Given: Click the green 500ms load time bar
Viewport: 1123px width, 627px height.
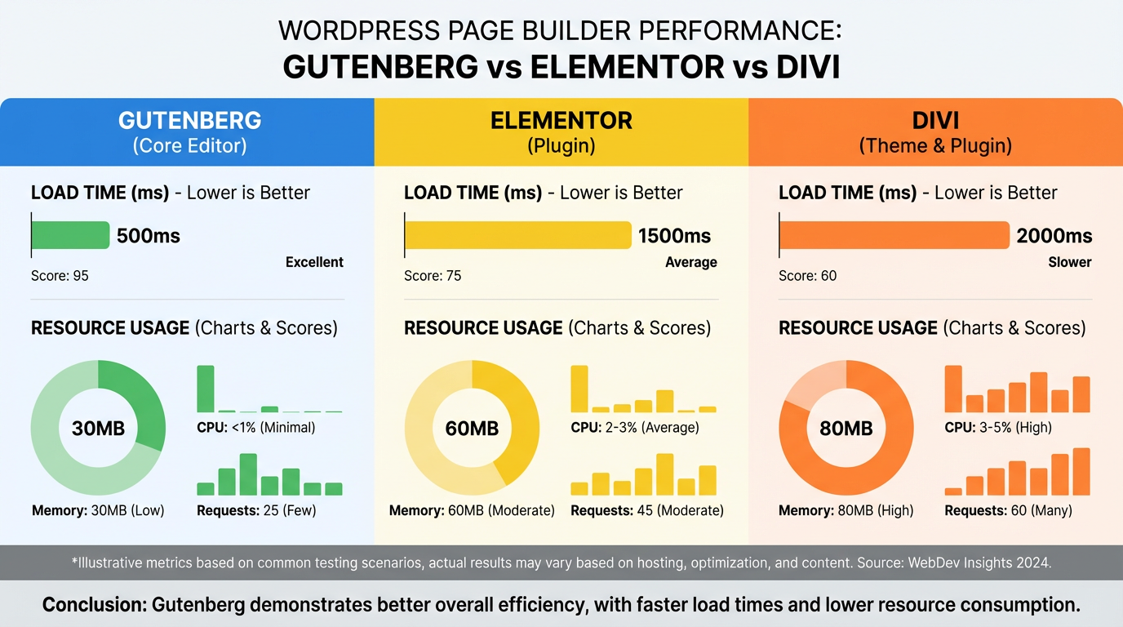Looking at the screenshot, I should click(x=70, y=235).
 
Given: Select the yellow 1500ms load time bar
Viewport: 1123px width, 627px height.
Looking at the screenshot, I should click(x=518, y=235).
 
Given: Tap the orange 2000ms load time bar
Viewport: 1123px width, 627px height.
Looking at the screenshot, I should click(x=894, y=235).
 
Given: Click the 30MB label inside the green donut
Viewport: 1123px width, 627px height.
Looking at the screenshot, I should click(x=98, y=428).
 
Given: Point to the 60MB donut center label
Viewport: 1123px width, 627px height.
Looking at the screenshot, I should click(x=472, y=428).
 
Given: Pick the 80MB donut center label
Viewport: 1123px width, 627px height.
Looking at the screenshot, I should click(x=846, y=428).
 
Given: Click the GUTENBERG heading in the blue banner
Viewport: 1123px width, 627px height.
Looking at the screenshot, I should click(x=189, y=121).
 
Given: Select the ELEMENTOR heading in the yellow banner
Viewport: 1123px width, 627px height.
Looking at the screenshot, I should click(x=561, y=121).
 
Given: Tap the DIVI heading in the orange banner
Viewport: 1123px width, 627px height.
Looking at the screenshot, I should click(x=935, y=121).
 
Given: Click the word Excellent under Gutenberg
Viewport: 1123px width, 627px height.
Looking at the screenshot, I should click(x=314, y=262).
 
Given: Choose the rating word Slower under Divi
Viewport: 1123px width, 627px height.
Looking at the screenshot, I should click(x=1069, y=262).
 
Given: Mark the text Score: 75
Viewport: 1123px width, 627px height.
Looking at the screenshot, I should click(x=433, y=276).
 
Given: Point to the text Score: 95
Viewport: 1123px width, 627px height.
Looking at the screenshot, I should click(x=60, y=276).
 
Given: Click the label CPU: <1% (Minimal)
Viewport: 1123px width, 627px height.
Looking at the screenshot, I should click(x=255, y=427).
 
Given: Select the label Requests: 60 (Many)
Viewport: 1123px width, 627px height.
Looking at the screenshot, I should click(x=1008, y=511).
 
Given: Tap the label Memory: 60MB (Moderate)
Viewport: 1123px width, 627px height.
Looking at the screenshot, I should click(x=472, y=511).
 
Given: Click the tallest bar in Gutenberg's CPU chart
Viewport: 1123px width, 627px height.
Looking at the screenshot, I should click(x=206, y=389).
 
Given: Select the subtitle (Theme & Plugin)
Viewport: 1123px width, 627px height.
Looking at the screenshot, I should click(x=935, y=146).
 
